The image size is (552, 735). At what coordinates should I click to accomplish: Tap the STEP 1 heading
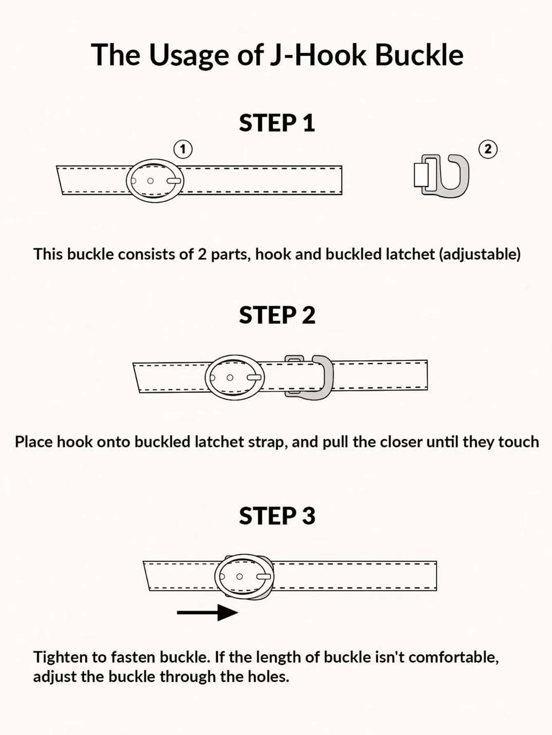pos(277,123)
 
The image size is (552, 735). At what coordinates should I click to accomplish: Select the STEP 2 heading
pos(277,315)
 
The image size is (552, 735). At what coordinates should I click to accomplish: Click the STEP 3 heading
pos(277,516)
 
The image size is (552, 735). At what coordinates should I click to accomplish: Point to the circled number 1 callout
pos(183,149)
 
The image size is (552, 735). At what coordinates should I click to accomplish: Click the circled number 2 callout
pos(488,149)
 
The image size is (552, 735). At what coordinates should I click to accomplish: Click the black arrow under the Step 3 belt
pos(207,612)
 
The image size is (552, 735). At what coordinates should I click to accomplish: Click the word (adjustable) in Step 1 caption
pos(479,254)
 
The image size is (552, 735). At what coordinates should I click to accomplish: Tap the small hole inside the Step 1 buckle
pos(150,181)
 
